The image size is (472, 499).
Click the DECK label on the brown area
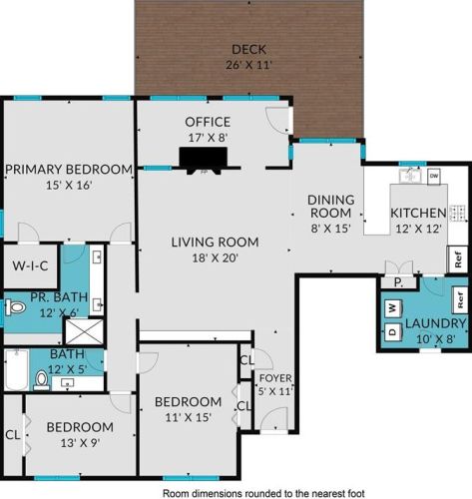click(x=248, y=49)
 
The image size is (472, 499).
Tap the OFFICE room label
click(x=208, y=122)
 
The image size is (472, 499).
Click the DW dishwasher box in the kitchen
click(x=434, y=176)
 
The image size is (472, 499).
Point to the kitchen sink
click(x=410, y=176)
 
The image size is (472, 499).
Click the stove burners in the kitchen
click(x=459, y=213)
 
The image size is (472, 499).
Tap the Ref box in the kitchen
click(x=458, y=259)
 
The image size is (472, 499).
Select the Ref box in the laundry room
click(x=460, y=299)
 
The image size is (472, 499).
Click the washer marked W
click(x=393, y=307)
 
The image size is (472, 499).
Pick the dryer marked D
click(x=393, y=331)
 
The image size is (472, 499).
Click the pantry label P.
click(x=398, y=282)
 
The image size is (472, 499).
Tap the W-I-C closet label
click(x=30, y=265)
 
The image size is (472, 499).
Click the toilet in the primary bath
click(x=15, y=307)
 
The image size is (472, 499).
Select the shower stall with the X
click(x=84, y=331)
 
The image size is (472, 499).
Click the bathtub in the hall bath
click(x=17, y=369)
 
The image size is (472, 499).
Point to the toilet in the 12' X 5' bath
click(x=42, y=380)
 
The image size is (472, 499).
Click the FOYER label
click(x=275, y=378)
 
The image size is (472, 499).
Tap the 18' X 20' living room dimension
click(x=216, y=257)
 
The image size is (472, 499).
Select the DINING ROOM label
click(x=330, y=207)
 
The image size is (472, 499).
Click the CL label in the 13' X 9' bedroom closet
click(x=13, y=434)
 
